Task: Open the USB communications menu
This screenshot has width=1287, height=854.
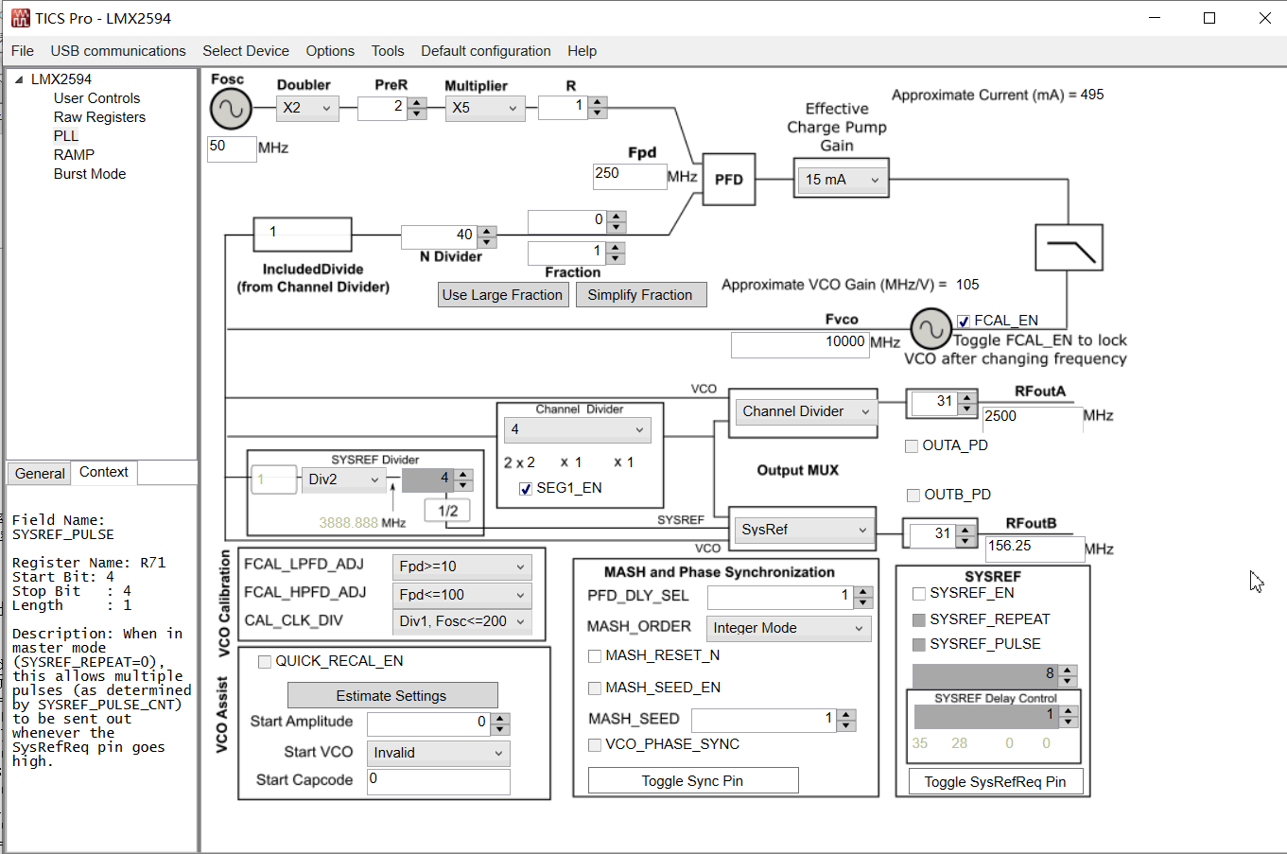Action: (x=118, y=51)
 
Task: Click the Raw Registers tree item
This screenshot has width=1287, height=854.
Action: (x=99, y=117)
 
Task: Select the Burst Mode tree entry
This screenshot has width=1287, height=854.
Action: (x=90, y=174)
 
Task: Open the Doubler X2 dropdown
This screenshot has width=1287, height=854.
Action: (x=307, y=108)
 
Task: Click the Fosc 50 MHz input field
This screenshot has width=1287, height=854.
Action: (x=231, y=148)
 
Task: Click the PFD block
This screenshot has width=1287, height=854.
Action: (x=729, y=180)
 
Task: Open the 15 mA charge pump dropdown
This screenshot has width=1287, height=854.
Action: (x=841, y=180)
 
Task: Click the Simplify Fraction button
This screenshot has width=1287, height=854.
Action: (x=640, y=295)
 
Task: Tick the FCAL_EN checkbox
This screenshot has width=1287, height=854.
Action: (x=964, y=322)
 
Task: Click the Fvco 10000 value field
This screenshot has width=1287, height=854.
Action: (x=799, y=343)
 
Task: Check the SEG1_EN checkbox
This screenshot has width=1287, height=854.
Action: (x=526, y=489)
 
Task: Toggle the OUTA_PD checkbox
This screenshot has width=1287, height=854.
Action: (x=913, y=446)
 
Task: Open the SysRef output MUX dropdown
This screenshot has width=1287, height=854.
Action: (x=804, y=530)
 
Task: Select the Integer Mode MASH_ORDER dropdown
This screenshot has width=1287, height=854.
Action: (x=789, y=628)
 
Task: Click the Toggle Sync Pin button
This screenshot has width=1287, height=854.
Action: (x=692, y=781)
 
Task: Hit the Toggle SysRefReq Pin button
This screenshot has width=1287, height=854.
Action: (x=995, y=782)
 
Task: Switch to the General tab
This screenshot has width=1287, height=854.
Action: (x=40, y=474)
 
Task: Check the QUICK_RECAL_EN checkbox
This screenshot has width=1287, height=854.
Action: (x=265, y=662)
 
